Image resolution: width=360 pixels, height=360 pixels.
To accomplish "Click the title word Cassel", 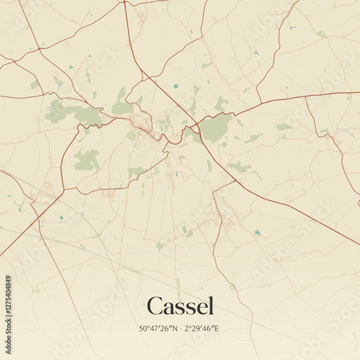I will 180,306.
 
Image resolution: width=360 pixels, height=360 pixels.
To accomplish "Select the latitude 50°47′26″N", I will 159,328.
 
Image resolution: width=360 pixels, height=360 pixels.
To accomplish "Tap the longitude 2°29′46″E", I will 202,328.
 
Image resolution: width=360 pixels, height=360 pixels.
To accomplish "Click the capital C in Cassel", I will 154,306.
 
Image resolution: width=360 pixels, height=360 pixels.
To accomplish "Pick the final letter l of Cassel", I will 211,305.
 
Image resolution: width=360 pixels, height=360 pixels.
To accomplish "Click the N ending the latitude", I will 175,328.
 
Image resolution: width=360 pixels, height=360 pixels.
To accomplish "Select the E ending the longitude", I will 217,328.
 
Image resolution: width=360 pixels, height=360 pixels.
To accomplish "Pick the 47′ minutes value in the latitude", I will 155,328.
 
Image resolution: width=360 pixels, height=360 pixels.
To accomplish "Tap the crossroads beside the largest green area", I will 197,123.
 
